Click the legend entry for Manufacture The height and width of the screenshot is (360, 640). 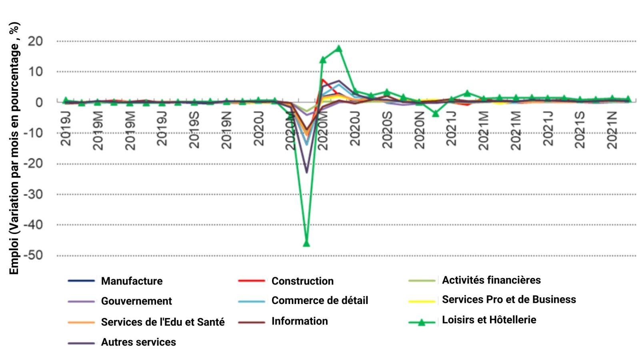(132, 281)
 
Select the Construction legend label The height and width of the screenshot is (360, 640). (302, 281)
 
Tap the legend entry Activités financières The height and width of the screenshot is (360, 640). (491, 280)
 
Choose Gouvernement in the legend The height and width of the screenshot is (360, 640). (136, 301)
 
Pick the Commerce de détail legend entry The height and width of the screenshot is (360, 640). (319, 300)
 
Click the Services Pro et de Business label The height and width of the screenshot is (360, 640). (508, 300)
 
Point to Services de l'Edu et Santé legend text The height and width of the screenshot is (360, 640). (162, 322)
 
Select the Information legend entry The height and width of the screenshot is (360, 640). (299, 321)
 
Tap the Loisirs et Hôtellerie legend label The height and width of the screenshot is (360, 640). (488, 320)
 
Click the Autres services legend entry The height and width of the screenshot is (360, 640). (138, 342)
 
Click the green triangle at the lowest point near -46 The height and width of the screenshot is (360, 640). (306, 243)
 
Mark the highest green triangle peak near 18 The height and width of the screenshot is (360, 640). (338, 49)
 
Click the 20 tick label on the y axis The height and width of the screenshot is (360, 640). (35, 41)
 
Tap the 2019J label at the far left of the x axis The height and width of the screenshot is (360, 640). (66, 128)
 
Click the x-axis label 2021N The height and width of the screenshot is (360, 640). (612, 130)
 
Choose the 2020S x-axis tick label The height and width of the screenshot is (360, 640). (387, 130)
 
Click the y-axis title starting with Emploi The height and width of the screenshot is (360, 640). (14, 148)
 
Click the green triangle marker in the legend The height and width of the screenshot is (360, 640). (421, 322)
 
